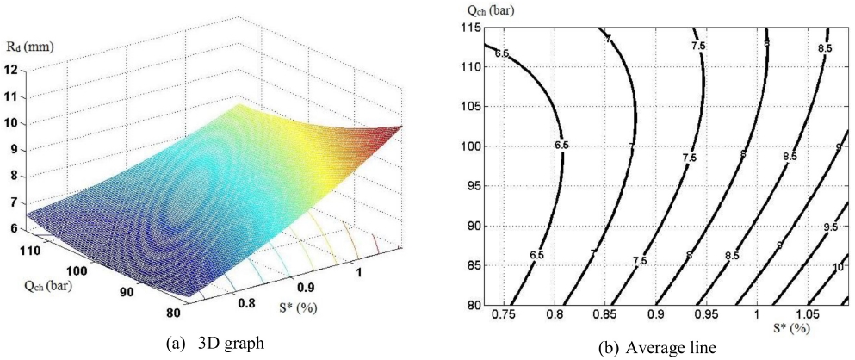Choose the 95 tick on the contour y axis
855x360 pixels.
click(x=469, y=186)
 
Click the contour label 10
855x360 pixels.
click(x=837, y=268)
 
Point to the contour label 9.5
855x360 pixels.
click(x=830, y=227)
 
